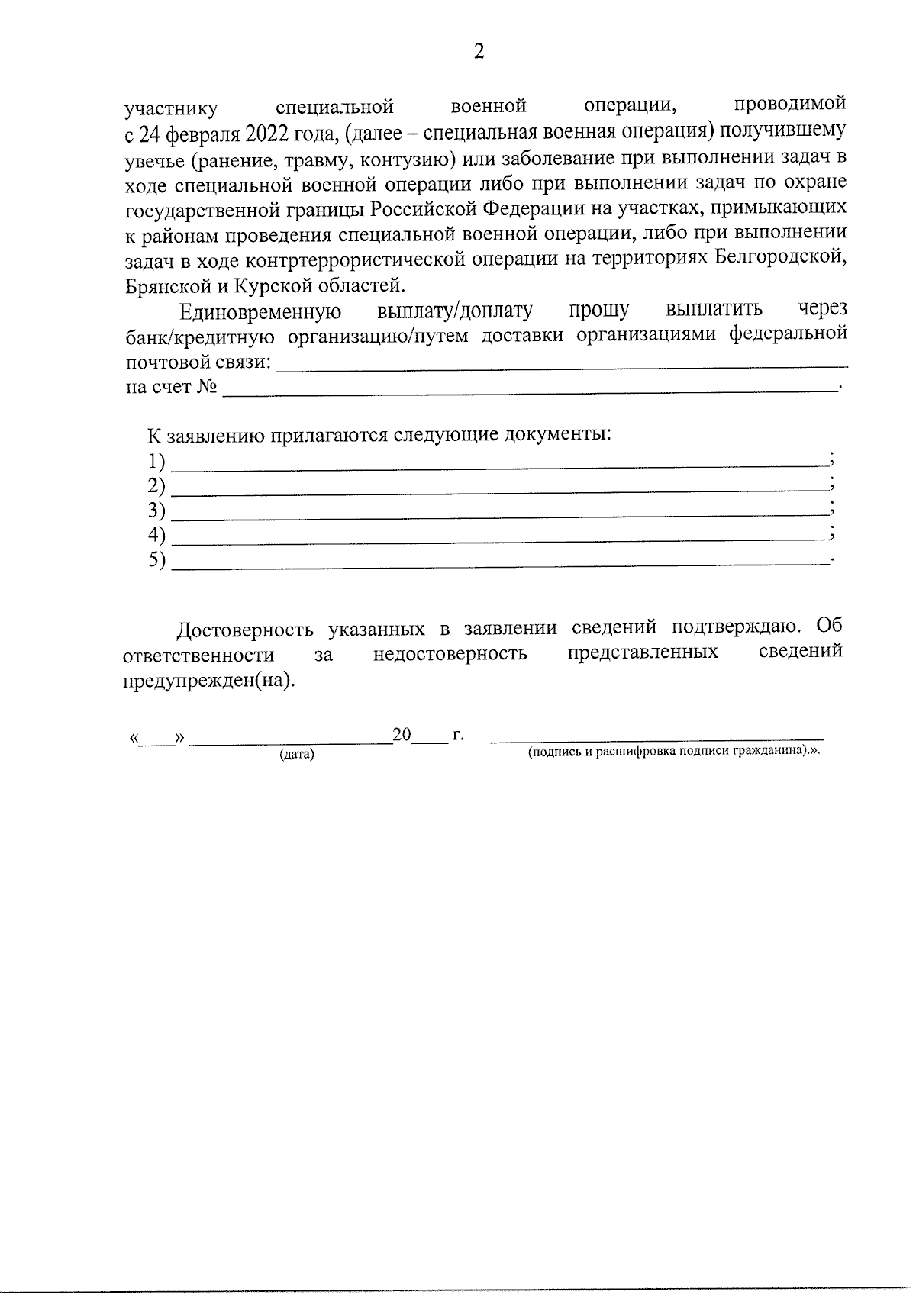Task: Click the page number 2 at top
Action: click(x=479, y=52)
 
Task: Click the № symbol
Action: click(x=206, y=386)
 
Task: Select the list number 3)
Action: click(x=156, y=510)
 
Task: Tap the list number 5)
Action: click(x=156, y=560)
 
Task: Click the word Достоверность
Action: click(x=245, y=630)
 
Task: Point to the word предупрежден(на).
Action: click(x=208, y=681)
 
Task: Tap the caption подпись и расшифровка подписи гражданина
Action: click(x=672, y=751)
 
